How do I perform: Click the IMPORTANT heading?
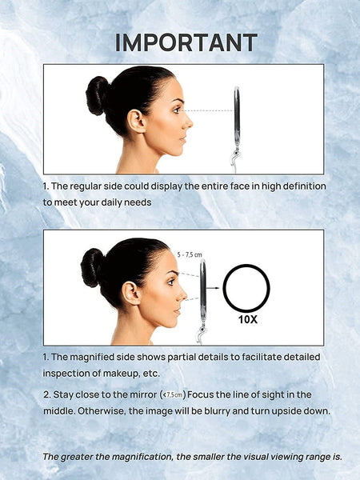tap(186, 42)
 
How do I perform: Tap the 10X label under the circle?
tap(248, 319)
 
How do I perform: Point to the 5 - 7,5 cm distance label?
tap(190, 254)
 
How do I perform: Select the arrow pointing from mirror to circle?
tap(213, 288)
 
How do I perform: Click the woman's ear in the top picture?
tap(136, 121)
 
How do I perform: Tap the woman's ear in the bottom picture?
tap(131, 293)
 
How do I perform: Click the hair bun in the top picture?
tap(97, 95)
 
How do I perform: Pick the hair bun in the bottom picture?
tap(92, 267)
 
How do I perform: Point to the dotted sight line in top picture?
tap(208, 110)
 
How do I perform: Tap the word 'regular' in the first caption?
tap(85, 186)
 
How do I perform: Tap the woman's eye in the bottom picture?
tap(171, 282)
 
